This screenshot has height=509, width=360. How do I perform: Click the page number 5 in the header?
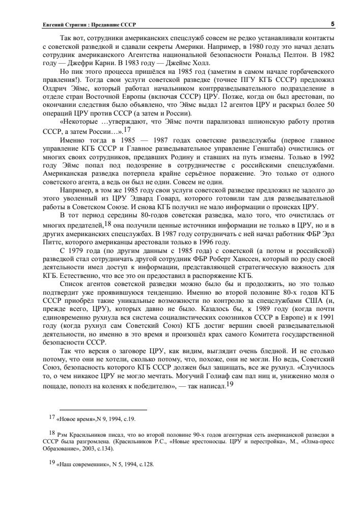(332, 24)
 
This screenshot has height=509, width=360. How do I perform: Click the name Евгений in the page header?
(52, 24)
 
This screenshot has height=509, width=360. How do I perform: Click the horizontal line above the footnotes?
(103, 409)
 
